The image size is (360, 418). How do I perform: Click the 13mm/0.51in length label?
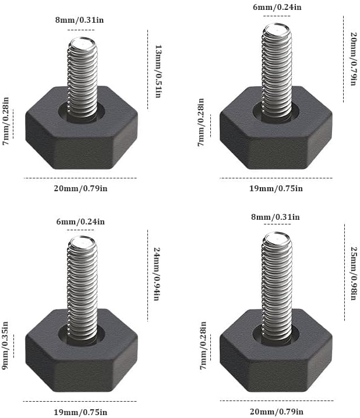pyautogui.click(x=158, y=71)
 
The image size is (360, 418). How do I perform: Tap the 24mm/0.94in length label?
pyautogui.click(x=157, y=274)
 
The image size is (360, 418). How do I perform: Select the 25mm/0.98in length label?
pyautogui.click(x=354, y=273)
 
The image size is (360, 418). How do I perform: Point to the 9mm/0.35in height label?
pyautogui.click(x=5, y=346)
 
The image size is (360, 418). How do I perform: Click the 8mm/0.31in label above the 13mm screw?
pyautogui.click(x=79, y=20)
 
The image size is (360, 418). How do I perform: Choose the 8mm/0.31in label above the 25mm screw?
pyautogui.click(x=276, y=217)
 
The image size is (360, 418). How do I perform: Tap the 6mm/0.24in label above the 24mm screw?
pyautogui.click(x=80, y=222)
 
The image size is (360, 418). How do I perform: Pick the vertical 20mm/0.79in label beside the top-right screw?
pyautogui.click(x=354, y=59)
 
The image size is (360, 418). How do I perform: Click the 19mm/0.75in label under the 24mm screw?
pyautogui.click(x=81, y=412)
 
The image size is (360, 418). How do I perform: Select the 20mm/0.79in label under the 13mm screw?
pyautogui.click(x=81, y=188)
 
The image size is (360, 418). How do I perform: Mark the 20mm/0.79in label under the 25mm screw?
pyautogui.click(x=277, y=412)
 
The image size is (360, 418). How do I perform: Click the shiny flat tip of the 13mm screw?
pyautogui.click(x=82, y=44)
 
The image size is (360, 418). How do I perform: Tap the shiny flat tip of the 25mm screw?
pyautogui.click(x=277, y=239)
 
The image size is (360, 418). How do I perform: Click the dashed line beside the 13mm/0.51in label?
pyautogui.click(x=147, y=69)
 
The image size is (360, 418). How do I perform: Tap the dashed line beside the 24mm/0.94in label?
pyautogui.click(x=147, y=276)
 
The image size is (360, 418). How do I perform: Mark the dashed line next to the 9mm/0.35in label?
pyautogui.click(x=13, y=346)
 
